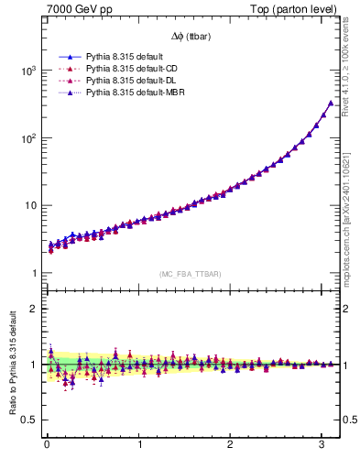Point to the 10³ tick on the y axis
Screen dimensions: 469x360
pyautogui.click(x=28, y=71)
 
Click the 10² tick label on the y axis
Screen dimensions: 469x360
pyautogui.click(x=28, y=138)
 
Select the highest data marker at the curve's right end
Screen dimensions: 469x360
pyautogui.click(x=331, y=104)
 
